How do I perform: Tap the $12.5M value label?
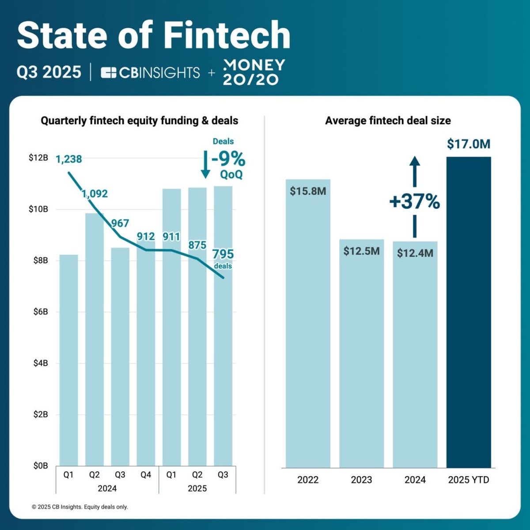(x=361, y=251)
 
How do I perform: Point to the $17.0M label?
(x=469, y=144)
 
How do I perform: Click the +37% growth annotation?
(x=414, y=202)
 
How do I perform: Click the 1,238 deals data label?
(x=69, y=159)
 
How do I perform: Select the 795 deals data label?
(x=223, y=254)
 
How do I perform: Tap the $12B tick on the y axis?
(x=38, y=158)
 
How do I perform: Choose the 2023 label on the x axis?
(x=361, y=480)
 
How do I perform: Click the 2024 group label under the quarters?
(x=107, y=488)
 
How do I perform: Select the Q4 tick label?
(x=146, y=475)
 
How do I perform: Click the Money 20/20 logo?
(x=254, y=72)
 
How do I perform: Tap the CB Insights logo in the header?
(x=150, y=72)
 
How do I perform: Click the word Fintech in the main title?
(x=227, y=35)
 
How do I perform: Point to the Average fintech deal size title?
(x=388, y=121)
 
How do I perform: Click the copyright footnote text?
(x=80, y=507)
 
